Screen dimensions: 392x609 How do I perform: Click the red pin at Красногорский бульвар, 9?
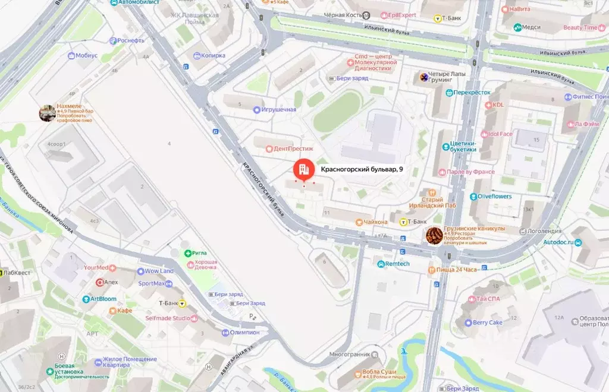tap(303, 169)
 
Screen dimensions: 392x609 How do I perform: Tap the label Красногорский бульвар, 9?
tap(362, 170)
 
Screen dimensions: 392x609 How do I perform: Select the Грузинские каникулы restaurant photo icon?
tap(434, 235)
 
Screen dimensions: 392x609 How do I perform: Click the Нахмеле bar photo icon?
tap(48, 113)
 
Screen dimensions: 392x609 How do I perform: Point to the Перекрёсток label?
tap(472, 93)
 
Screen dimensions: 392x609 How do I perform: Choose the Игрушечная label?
tap(279, 110)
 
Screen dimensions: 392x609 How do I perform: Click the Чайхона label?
tap(376, 222)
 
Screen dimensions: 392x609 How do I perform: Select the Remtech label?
tap(397, 264)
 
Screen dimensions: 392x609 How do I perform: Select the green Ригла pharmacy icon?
tap(188, 253)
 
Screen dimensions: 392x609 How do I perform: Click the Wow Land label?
tap(159, 271)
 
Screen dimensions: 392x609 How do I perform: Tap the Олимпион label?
tap(244, 333)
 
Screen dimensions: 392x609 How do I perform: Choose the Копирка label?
tap(214, 56)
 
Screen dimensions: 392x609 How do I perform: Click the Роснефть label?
tap(131, 40)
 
